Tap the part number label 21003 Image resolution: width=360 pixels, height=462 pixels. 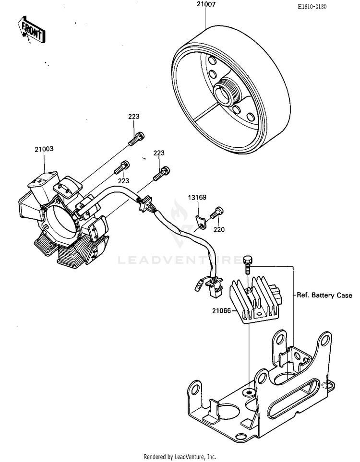44,149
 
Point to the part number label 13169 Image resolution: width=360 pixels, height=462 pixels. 197,198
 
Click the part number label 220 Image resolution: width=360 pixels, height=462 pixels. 219,230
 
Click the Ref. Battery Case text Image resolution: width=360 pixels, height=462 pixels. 324,296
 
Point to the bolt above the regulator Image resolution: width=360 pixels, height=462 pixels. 248,262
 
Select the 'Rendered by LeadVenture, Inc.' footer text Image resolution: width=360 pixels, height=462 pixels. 180,456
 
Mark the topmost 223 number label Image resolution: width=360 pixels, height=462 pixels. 133,117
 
